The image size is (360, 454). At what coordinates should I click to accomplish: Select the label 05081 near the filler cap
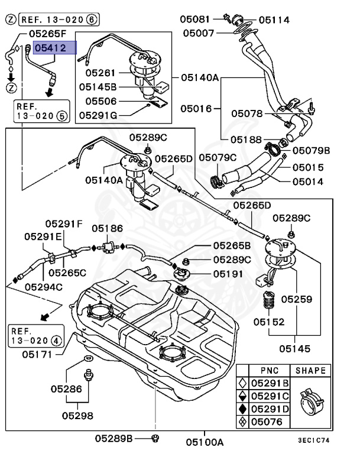pos(194,20)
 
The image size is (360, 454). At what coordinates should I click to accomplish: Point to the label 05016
pos(196,109)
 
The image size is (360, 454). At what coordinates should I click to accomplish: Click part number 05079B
pos(311,150)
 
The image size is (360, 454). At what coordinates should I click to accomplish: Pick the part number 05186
pos(107,228)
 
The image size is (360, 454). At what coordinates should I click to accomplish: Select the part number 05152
pos(269,322)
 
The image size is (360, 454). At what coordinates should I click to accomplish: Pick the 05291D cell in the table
pos(269,408)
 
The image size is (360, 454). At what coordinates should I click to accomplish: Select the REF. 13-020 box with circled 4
pos(36,335)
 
